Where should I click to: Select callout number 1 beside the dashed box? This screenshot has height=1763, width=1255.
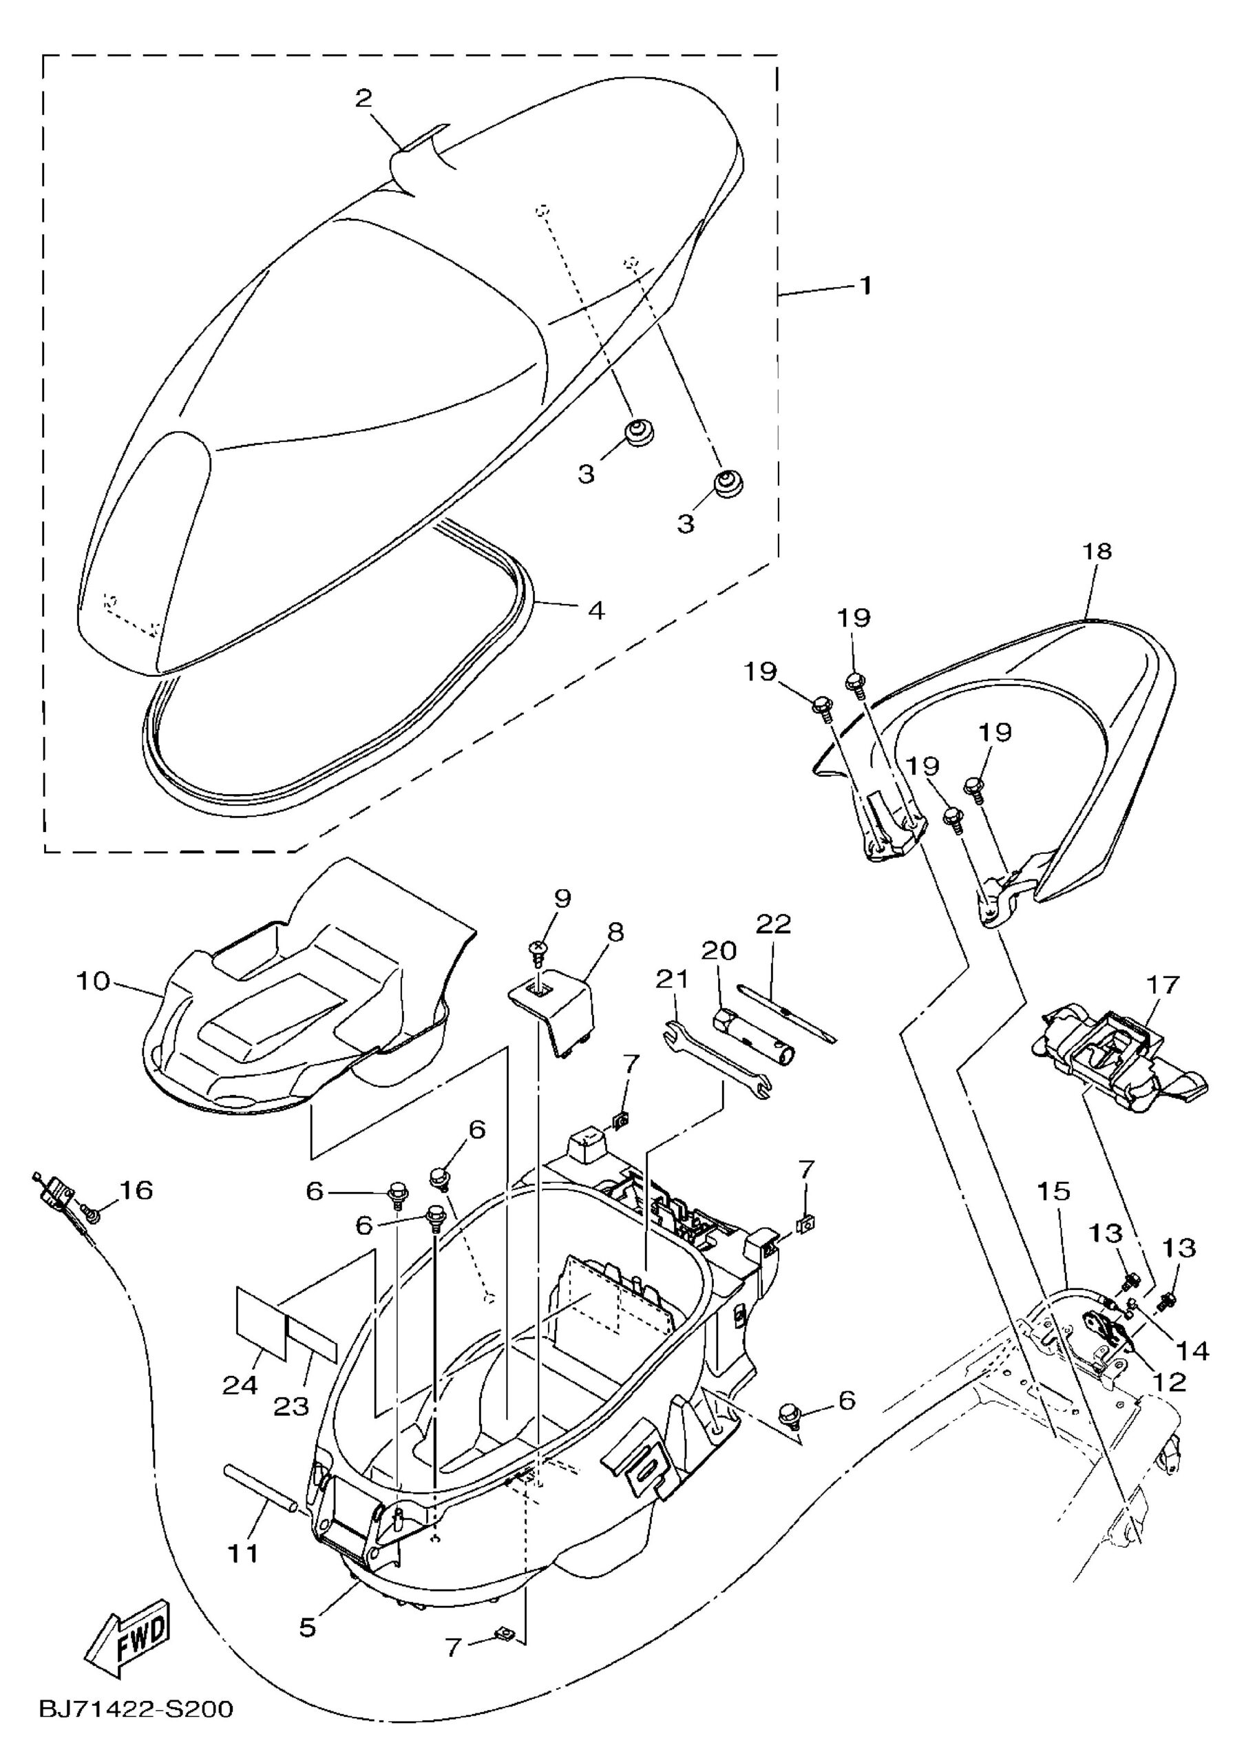click(x=866, y=286)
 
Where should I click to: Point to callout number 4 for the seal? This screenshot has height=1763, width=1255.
click(x=595, y=610)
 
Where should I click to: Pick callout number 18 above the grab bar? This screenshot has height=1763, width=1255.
click(x=1097, y=551)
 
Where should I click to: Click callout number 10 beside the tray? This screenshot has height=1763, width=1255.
click(x=93, y=982)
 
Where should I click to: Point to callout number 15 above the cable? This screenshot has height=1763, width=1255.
click(x=1053, y=1192)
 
